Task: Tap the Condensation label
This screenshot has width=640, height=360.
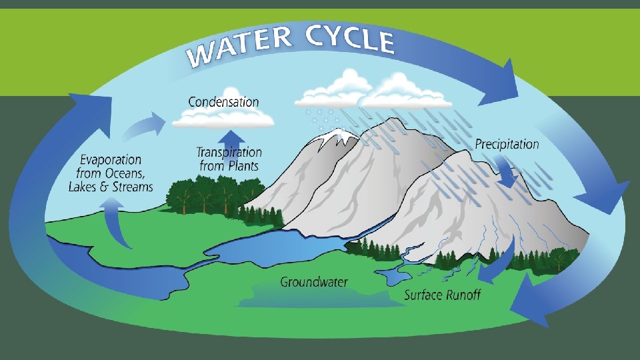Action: [223, 102]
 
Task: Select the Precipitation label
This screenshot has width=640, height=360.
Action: [507, 143]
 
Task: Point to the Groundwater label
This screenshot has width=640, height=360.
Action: [314, 281]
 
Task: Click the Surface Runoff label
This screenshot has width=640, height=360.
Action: [443, 294]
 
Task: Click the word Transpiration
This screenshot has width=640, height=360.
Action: [229, 153]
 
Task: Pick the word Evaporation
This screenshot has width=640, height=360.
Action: [111, 160]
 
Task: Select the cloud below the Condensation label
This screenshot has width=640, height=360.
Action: [223, 119]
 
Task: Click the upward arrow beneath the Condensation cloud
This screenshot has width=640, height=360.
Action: [229, 137]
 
